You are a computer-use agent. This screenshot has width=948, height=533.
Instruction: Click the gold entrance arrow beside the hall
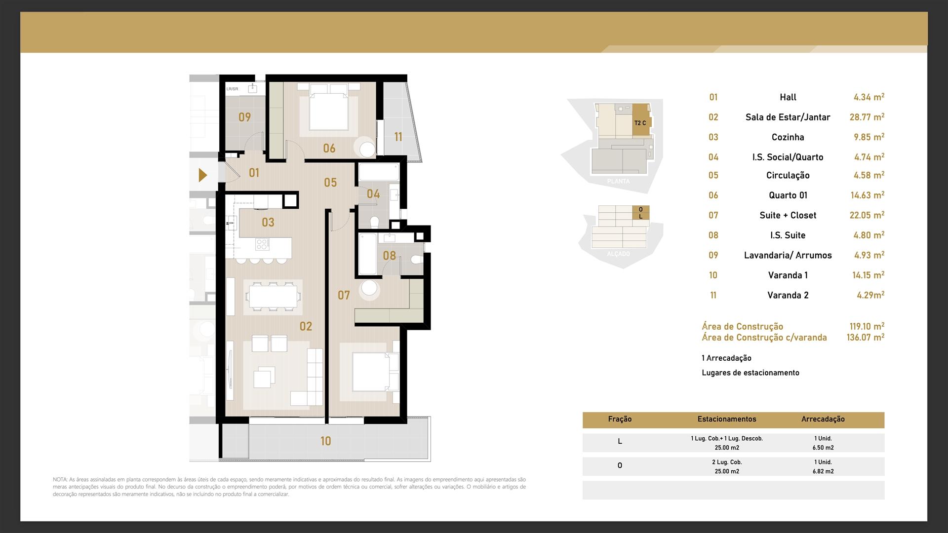(202, 175)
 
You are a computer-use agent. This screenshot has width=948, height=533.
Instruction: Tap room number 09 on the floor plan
(244, 117)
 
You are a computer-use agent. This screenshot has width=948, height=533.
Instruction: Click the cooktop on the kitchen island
(263, 244)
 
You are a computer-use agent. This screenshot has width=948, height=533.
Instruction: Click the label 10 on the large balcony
(325, 441)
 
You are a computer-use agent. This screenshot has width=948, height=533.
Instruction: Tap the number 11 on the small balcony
(398, 137)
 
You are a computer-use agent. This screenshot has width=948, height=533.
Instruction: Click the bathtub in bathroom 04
(378, 173)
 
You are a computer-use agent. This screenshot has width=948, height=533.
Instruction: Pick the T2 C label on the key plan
(640, 123)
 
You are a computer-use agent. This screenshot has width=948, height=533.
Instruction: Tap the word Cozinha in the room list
(788, 137)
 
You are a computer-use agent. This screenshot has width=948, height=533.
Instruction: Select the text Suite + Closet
(788, 215)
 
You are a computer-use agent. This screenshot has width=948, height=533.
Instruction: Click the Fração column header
(620, 419)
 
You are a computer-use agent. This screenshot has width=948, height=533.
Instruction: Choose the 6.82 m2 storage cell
(823, 471)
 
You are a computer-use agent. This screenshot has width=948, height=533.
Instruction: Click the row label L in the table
(620, 442)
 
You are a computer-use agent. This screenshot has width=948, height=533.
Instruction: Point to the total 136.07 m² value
(866, 338)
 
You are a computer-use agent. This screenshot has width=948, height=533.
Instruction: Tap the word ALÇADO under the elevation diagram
(618, 254)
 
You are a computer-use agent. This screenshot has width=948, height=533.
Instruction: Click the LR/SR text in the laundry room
(232, 89)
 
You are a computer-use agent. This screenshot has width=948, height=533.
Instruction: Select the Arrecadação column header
(823, 419)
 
